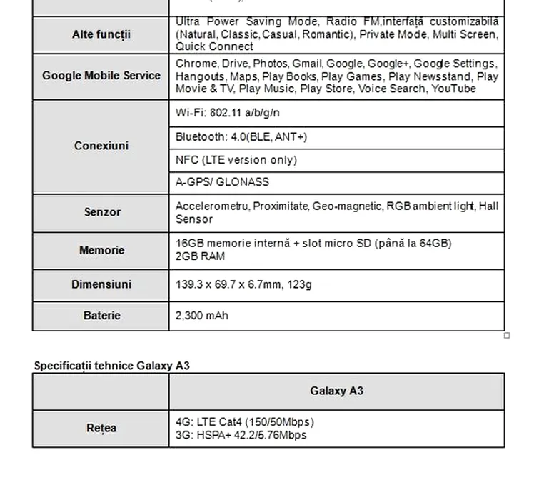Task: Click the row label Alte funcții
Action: click(x=101, y=34)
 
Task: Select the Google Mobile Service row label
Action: click(x=101, y=76)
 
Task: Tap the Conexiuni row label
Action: click(x=101, y=146)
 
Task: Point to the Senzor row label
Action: click(x=102, y=212)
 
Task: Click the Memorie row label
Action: click(x=101, y=250)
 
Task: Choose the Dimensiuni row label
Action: click(x=101, y=284)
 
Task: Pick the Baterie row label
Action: click(x=101, y=315)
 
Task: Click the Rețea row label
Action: click(x=101, y=429)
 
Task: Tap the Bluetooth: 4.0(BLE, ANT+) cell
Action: click(x=241, y=136)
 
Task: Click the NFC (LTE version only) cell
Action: click(x=236, y=159)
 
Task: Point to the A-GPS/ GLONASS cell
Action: click(x=222, y=182)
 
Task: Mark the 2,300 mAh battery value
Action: click(x=202, y=315)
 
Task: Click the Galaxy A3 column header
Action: click(x=336, y=391)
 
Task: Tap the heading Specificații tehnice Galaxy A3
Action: click(x=112, y=366)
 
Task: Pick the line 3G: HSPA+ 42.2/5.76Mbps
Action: click(x=241, y=435)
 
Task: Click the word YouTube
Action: click(x=454, y=89)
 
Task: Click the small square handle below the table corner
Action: click(x=507, y=335)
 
